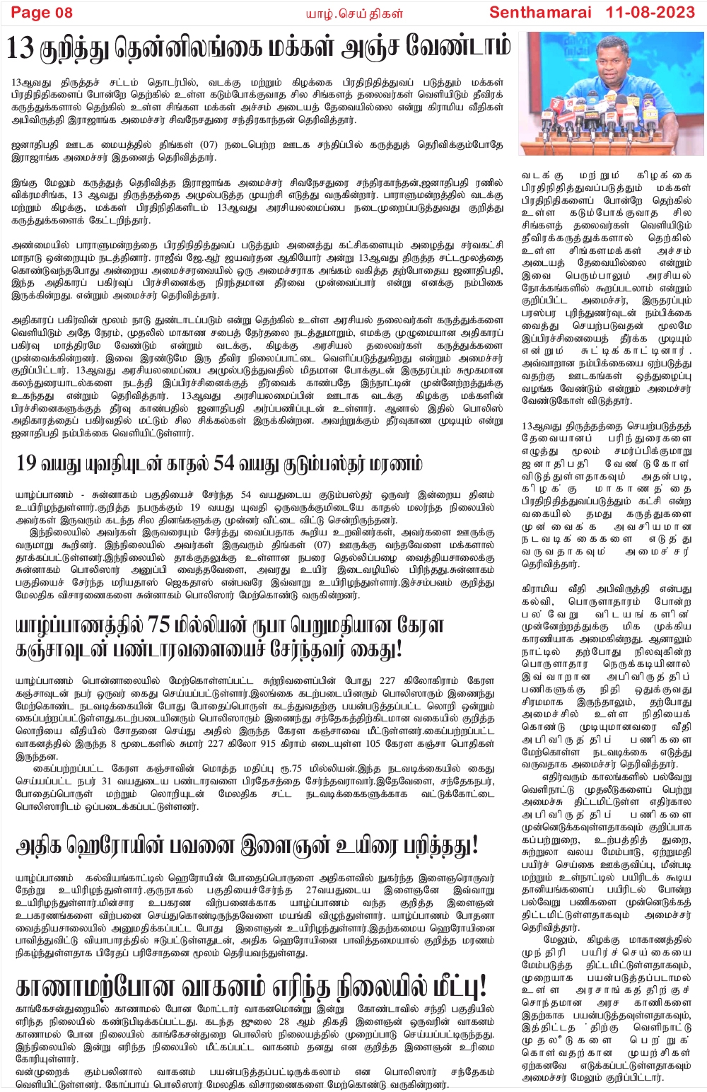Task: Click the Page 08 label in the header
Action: point(42,12)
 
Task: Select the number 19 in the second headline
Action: point(25,463)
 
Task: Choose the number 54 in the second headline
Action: point(223,463)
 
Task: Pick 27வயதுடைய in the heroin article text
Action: point(337,890)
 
